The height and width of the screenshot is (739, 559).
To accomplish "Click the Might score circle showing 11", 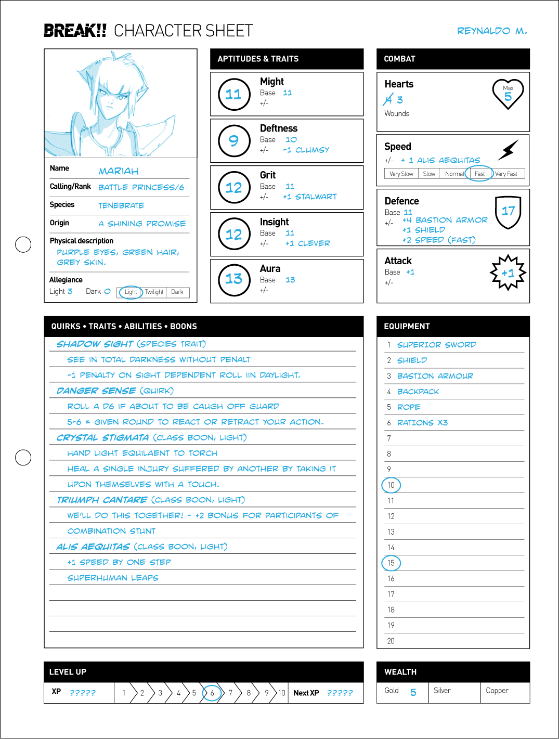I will (x=234, y=94).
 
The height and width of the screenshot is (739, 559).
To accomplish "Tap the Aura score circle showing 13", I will (x=234, y=279).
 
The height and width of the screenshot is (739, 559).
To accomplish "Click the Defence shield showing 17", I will (x=508, y=212).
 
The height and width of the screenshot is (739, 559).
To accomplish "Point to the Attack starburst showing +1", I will (x=508, y=273).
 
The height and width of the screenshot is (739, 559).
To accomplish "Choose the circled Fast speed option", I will (x=479, y=174).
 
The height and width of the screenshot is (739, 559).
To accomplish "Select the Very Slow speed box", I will (x=401, y=174).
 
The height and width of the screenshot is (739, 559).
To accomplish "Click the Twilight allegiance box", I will (x=154, y=292).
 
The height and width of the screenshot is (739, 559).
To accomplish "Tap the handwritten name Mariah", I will (x=119, y=171).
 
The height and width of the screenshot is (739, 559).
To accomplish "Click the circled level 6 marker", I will (x=212, y=693).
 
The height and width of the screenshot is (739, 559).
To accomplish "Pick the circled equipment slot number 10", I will (x=391, y=485).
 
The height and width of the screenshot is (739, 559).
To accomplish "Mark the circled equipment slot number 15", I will (x=391, y=563).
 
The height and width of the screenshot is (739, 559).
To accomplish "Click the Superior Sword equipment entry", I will (x=436, y=345).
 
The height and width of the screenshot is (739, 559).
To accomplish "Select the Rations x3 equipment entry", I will (x=422, y=423).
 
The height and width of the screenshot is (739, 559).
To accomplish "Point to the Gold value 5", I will (x=413, y=692).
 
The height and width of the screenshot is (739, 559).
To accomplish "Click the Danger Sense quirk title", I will (x=96, y=391).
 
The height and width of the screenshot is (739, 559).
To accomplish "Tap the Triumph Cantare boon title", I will (x=102, y=500).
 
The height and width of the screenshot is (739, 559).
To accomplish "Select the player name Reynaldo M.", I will (x=492, y=31).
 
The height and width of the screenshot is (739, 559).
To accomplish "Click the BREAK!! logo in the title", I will (x=75, y=31).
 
